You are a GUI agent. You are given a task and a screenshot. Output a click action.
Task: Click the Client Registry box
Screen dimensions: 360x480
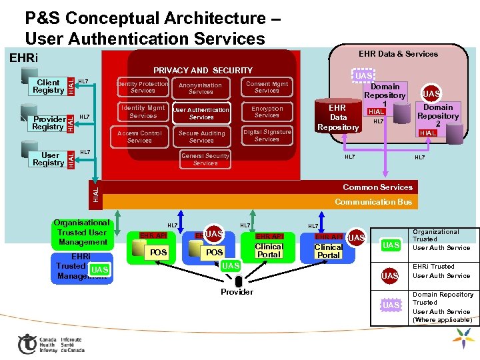(48, 87)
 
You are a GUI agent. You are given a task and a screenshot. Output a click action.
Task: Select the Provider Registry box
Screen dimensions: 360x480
(48, 123)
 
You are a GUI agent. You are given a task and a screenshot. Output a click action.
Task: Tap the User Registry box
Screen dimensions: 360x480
(48, 159)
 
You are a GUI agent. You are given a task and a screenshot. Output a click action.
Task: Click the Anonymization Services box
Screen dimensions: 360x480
(201, 89)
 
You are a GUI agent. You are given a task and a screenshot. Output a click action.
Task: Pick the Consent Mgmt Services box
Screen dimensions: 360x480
(267, 87)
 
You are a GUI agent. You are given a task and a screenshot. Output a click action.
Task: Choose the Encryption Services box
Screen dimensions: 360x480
(267, 112)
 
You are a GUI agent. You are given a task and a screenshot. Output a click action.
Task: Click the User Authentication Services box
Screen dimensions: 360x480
(201, 113)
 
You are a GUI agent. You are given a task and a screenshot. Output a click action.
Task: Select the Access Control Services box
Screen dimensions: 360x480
(139, 137)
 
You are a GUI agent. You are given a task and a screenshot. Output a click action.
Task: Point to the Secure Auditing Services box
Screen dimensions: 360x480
(201, 137)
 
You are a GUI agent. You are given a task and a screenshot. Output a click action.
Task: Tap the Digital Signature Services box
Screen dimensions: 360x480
(267, 135)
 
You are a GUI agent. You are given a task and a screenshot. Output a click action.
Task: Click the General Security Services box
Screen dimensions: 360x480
(205, 159)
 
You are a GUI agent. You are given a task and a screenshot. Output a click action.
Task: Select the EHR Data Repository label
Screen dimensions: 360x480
(338, 117)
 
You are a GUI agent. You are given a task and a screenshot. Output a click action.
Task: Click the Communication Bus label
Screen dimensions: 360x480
(373, 202)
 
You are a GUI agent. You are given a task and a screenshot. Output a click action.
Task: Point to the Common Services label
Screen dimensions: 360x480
(377, 187)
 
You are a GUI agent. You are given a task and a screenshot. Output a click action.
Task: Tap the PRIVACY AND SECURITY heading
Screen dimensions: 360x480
(203, 71)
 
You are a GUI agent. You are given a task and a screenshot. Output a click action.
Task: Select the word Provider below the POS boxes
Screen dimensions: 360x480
(237, 292)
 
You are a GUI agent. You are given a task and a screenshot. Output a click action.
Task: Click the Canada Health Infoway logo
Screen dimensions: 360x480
(50, 343)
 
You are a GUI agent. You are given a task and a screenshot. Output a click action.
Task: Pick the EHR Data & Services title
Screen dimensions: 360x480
(398, 54)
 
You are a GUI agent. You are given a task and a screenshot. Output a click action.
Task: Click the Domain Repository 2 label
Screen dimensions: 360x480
(438, 116)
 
